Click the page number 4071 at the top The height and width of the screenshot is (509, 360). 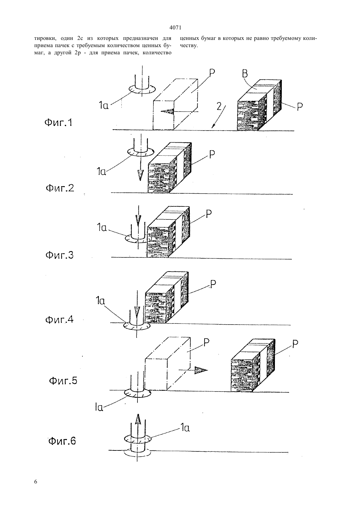[175, 28]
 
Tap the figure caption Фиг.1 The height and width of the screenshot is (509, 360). [58, 123]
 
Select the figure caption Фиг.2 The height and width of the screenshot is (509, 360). [60, 188]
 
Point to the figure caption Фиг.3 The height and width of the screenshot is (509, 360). [60, 255]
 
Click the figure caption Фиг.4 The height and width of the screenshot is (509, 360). [59, 320]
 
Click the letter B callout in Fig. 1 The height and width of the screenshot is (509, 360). [245, 74]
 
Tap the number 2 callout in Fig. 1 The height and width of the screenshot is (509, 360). [219, 106]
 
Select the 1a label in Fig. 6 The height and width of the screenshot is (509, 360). [185, 428]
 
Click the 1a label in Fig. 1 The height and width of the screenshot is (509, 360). [104, 105]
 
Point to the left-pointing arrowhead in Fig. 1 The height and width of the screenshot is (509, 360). [167, 111]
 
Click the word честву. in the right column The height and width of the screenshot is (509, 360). [189, 45]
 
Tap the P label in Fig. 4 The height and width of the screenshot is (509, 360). [213, 284]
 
